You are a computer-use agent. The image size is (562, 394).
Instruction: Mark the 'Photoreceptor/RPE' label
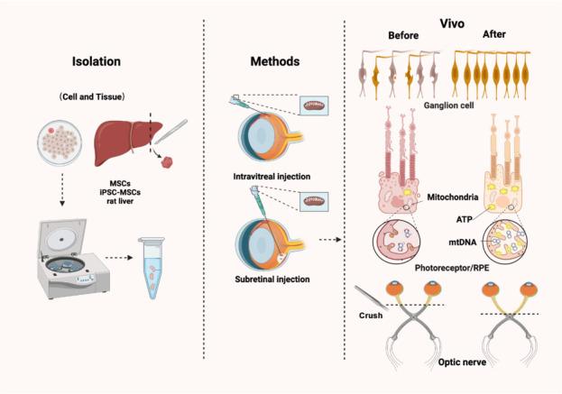tap(465, 270)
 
